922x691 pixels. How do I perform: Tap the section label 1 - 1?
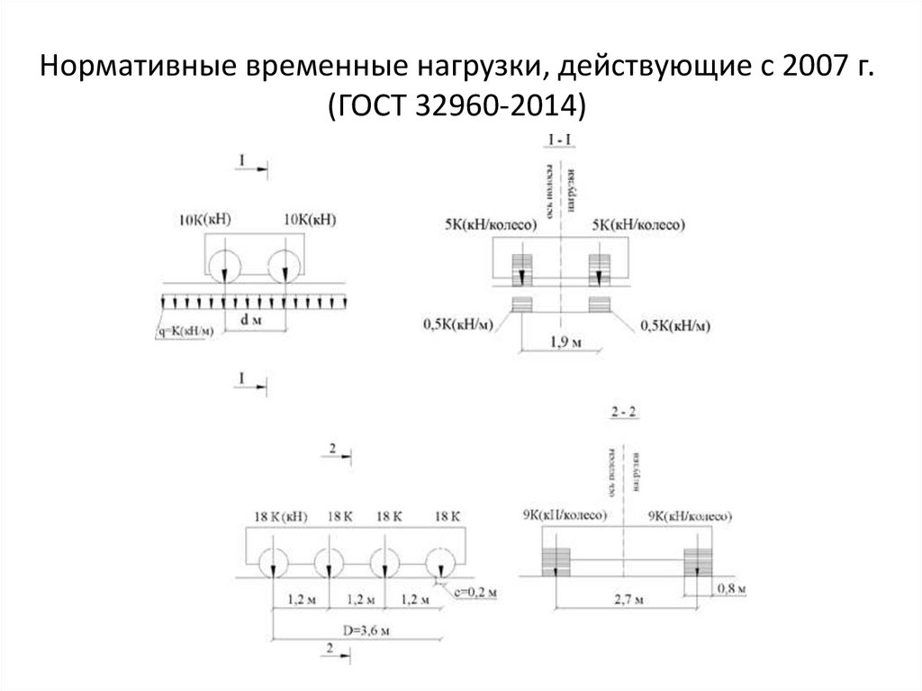point(561,139)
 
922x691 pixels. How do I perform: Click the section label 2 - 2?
point(624,413)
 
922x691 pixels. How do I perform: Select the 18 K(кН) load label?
point(280,516)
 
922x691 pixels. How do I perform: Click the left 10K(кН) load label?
point(205,218)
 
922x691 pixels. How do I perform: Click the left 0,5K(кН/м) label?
point(456,323)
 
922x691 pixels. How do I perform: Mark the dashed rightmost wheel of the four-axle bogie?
point(441,562)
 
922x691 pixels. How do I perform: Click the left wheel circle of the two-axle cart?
point(221,263)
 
